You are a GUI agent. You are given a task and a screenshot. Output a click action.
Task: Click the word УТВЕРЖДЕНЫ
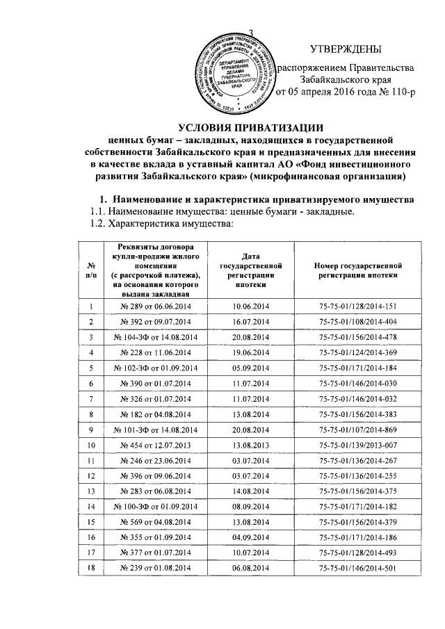click(346, 49)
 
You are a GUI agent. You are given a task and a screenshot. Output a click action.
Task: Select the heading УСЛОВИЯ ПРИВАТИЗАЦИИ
click(251, 127)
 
